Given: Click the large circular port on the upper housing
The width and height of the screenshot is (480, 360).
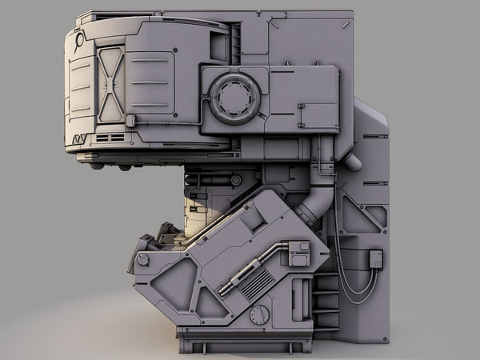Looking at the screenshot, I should coord(234,98).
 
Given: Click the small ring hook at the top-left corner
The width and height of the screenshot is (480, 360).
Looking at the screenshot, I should coord(79,38).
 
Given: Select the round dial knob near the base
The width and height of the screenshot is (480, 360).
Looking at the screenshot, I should coord(259,314).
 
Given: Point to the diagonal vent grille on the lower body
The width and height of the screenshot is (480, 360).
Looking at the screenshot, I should coord(258,284).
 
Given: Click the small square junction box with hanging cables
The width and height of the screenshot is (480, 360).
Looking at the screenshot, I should coord(375,258).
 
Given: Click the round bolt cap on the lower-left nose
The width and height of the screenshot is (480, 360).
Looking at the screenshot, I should coord(143,260).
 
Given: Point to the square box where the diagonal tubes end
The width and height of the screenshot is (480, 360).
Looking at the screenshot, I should coord(298,253).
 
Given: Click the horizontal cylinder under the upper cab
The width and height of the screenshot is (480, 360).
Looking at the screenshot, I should coord(212,180).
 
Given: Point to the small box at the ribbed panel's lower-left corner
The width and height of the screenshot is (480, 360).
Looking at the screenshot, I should coord(130,121).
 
